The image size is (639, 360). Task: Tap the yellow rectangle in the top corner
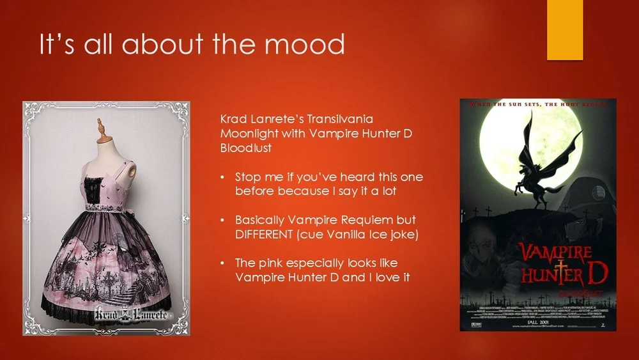(x=565, y=29)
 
